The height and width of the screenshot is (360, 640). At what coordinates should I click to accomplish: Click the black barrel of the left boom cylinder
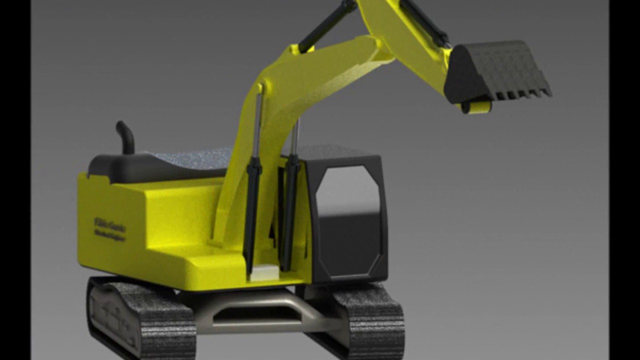252,210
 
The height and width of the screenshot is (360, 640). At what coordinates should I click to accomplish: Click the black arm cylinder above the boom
328,25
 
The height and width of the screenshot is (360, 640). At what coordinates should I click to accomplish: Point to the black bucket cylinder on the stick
425,22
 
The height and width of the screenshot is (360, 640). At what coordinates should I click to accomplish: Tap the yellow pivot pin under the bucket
475,107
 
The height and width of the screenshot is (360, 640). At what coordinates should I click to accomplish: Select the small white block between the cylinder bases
264,272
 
